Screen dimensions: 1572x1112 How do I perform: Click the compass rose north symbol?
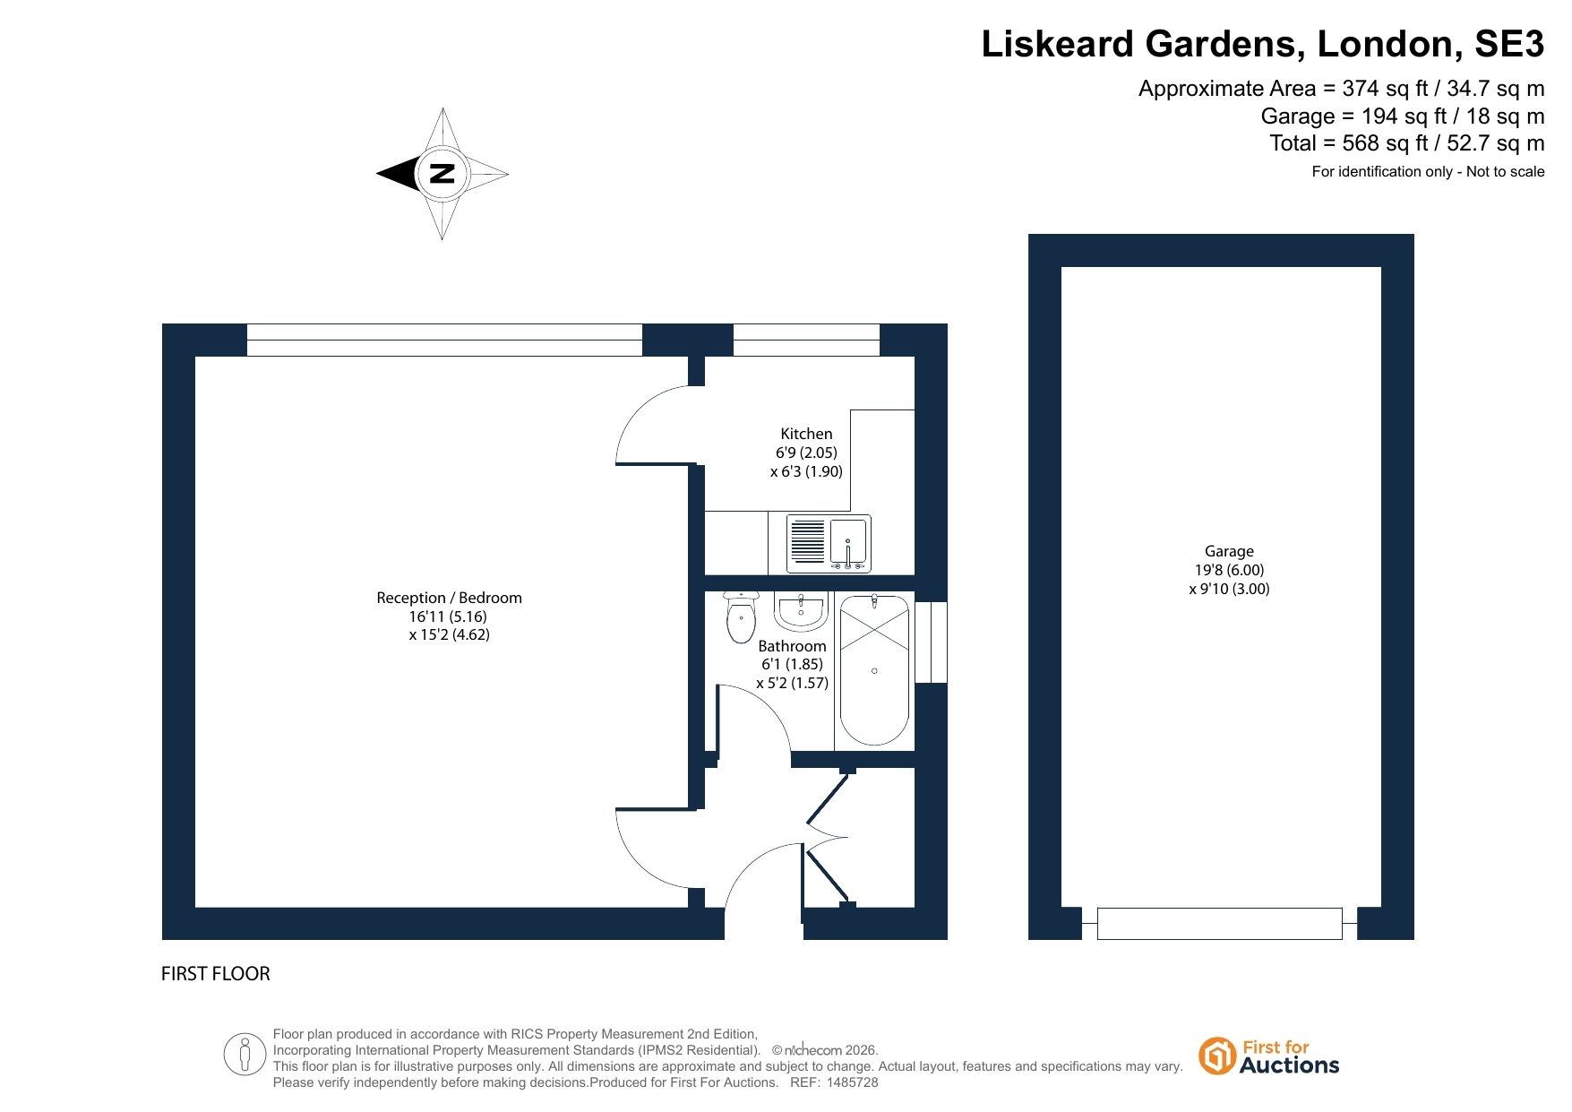point(442,174)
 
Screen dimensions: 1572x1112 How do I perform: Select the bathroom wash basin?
point(801,612)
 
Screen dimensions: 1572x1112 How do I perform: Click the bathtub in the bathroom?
point(874,670)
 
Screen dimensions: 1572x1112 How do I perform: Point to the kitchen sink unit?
point(829,544)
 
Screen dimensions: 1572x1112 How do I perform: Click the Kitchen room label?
point(806,434)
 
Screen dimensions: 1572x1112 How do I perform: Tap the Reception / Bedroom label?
point(449,598)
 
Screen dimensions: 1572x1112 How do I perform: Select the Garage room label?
point(1229,551)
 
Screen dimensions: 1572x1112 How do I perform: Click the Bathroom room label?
point(792,646)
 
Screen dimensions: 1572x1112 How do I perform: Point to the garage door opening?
point(1219,924)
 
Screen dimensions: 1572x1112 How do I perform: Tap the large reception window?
point(444,340)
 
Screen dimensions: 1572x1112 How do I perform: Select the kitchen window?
point(806,340)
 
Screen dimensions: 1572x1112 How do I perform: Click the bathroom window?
point(932,642)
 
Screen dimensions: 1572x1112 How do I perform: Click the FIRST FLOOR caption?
point(215,974)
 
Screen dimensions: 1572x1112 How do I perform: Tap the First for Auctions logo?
point(1269,1056)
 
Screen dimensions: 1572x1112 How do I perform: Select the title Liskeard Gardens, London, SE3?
point(1263,44)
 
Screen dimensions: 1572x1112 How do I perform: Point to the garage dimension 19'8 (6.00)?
point(1229,570)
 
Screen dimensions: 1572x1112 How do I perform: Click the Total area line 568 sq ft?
point(1407,143)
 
